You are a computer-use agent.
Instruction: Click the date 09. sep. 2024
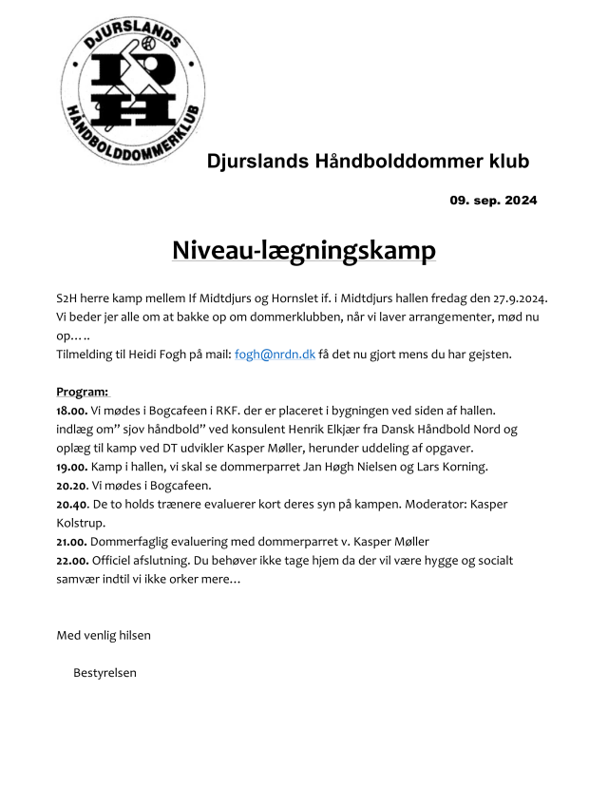tap(493, 200)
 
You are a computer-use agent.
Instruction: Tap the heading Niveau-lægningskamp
tap(304, 250)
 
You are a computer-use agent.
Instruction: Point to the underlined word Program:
tap(83, 392)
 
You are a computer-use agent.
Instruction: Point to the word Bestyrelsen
tap(104, 673)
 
